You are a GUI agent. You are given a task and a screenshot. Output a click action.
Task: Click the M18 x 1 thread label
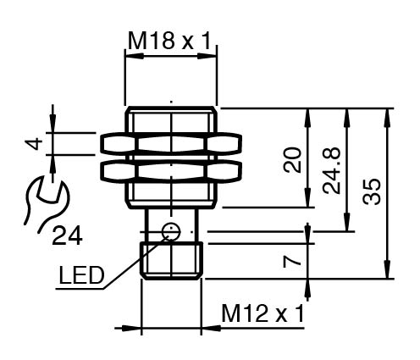tap(169, 42)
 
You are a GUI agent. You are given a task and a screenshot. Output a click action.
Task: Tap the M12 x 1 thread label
tap(263, 313)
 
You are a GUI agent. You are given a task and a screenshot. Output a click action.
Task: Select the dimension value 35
tap(372, 191)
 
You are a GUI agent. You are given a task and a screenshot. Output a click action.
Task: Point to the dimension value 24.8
tap(332, 170)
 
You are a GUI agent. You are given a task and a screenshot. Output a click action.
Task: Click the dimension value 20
tap(292, 160)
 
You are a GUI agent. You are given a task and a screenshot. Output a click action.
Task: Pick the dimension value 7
tap(292, 262)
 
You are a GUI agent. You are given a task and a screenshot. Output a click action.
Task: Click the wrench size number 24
tap(67, 235)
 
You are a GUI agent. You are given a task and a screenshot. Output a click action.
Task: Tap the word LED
tap(81, 275)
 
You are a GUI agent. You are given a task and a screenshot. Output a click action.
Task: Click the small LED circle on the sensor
tap(171, 232)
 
